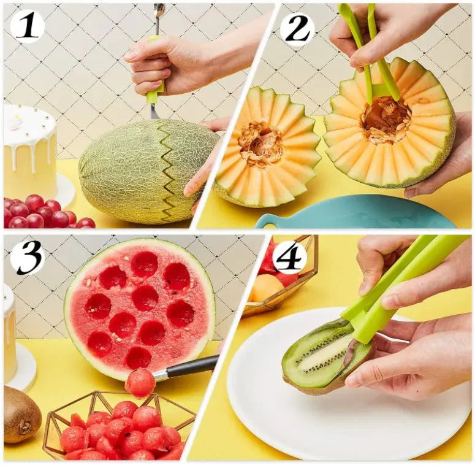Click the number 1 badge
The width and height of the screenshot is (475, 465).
(x=27, y=26)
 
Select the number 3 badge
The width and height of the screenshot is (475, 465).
(x=27, y=257)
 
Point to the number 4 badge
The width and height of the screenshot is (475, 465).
(x=289, y=257)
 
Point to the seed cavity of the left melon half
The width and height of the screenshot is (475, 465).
(x=260, y=143)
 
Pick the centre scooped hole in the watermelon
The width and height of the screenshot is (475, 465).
(x=145, y=298)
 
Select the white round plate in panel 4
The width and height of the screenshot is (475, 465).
(x=343, y=417)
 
